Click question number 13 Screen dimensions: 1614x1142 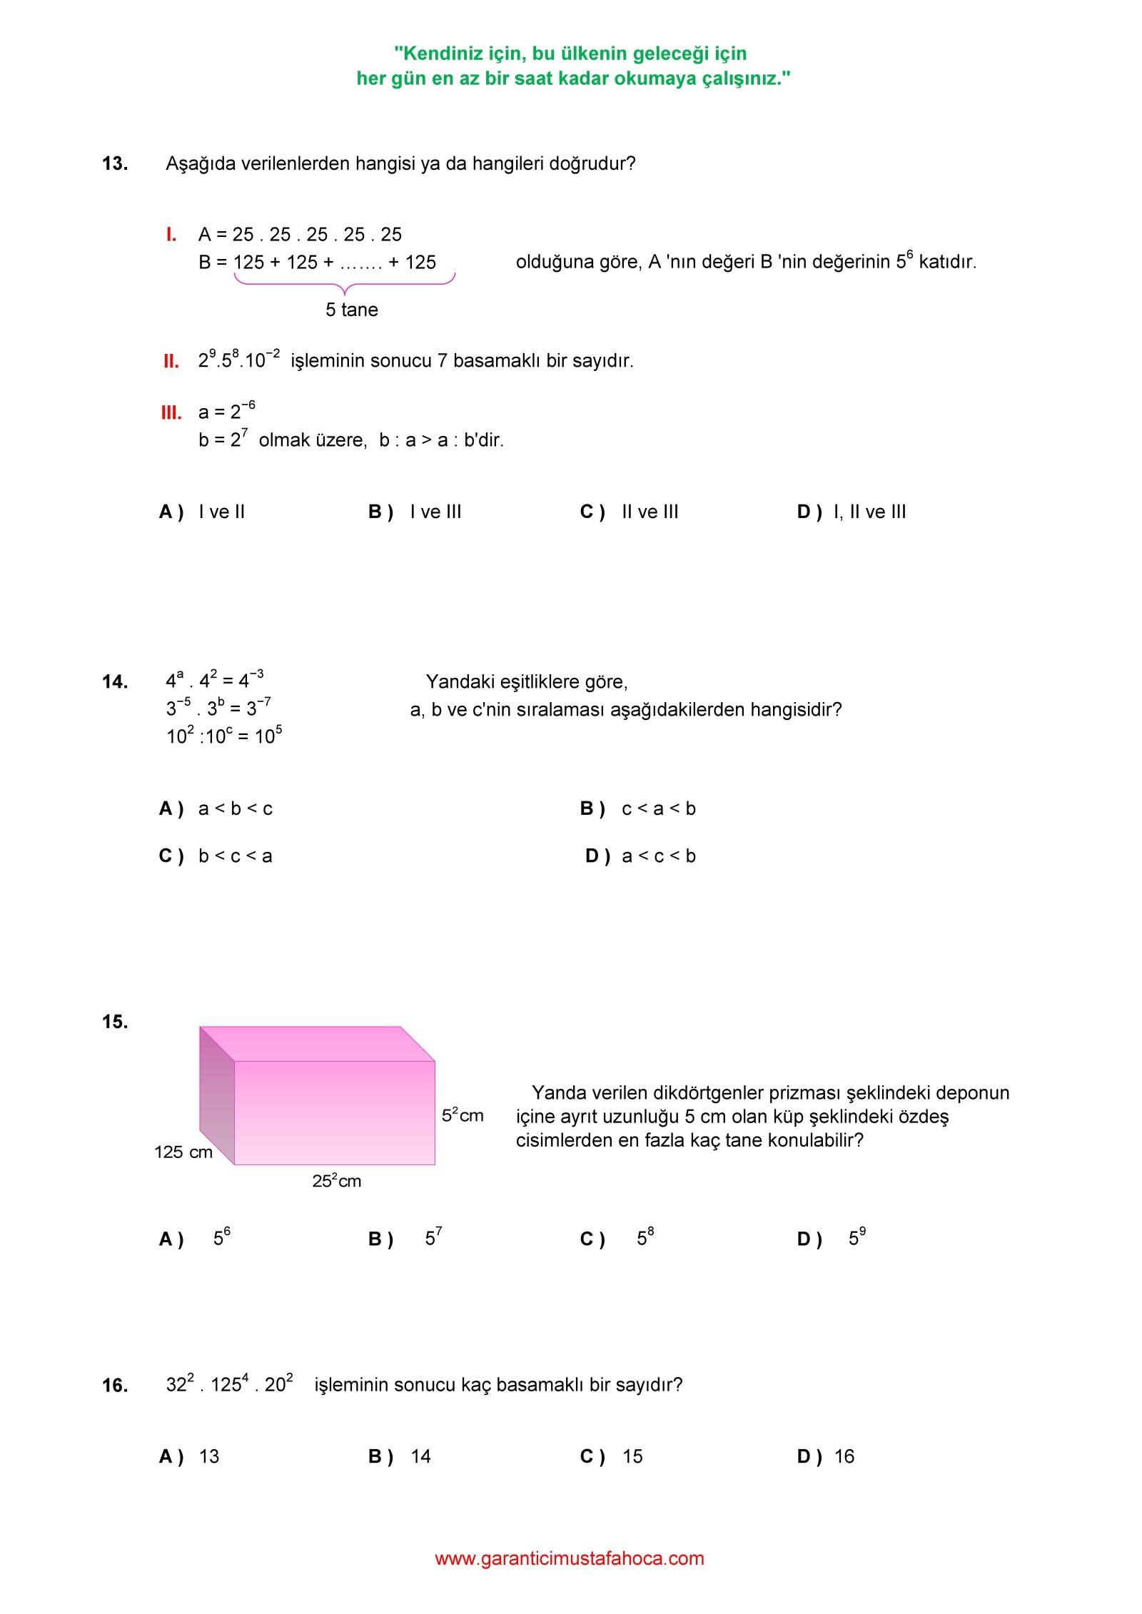pyautogui.click(x=115, y=163)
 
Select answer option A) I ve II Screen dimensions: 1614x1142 pyautogui.click(x=202, y=512)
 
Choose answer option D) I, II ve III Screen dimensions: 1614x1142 pyautogui.click(x=851, y=512)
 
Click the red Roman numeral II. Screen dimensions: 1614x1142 pyautogui.click(x=171, y=361)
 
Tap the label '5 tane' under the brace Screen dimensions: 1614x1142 pyautogui.click(x=352, y=310)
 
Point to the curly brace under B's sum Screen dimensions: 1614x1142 pyautogui.click(x=345, y=283)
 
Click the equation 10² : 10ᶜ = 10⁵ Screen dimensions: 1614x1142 pyautogui.click(x=224, y=736)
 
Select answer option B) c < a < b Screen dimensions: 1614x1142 pyautogui.click(x=637, y=808)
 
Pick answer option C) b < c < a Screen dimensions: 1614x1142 pyautogui.click(x=216, y=856)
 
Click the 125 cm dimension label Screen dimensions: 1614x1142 pyautogui.click(x=183, y=1152)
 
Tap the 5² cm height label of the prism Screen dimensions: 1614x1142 pyautogui.click(x=463, y=1115)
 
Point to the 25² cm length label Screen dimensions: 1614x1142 pyautogui.click(x=337, y=1181)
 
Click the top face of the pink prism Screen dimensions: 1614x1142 pyautogui.click(x=318, y=1043)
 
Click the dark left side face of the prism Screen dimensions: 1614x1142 pyautogui.click(x=217, y=1095)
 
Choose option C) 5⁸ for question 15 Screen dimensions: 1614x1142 pyautogui.click(x=617, y=1238)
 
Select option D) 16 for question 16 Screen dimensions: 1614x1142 pyautogui.click(x=826, y=1456)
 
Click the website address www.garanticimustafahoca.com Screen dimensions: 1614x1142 pyautogui.click(x=570, y=1558)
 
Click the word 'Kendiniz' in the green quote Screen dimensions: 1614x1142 pyautogui.click(x=439, y=54)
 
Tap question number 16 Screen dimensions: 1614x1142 pyautogui.click(x=115, y=1386)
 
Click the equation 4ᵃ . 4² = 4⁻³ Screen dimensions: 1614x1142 pyautogui.click(x=215, y=680)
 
